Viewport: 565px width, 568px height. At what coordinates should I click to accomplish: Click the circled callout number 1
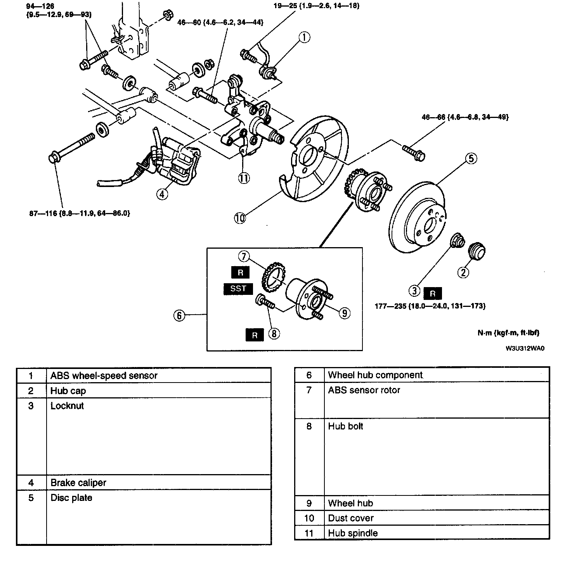[304, 37]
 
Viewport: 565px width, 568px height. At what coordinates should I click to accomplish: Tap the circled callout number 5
[471, 158]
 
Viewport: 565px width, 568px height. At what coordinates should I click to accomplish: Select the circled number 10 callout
[240, 218]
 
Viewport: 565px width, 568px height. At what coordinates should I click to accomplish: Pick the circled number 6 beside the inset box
[179, 315]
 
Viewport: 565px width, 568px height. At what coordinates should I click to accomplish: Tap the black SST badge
[238, 289]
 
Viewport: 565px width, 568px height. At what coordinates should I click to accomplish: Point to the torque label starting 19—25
[316, 6]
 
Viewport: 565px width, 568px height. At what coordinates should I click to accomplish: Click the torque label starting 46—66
[465, 116]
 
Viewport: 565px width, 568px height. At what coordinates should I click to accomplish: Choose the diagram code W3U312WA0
[525, 348]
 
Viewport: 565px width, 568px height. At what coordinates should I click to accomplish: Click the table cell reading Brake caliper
[78, 483]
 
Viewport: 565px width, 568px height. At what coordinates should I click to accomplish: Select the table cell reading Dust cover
[351, 518]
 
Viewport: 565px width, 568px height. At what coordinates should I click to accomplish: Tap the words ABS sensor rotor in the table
[364, 390]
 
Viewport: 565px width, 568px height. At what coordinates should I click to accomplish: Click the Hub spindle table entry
[353, 533]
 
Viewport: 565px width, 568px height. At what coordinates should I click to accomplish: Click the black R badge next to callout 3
[432, 294]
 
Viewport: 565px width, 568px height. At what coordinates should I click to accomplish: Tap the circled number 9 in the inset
[344, 313]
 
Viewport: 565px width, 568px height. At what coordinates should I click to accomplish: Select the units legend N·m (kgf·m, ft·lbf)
[508, 333]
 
